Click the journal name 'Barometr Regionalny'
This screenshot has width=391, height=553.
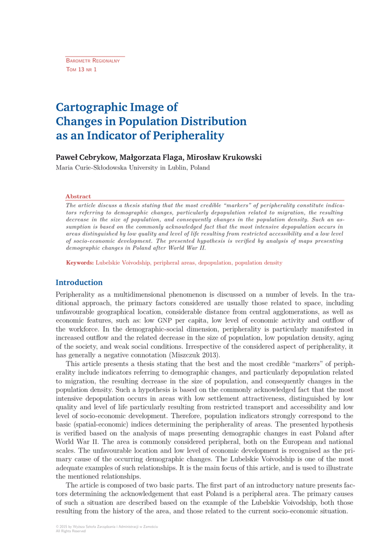coord(92,61)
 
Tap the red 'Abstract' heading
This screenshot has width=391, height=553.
coord(78,197)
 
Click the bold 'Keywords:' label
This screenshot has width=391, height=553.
coord(80,263)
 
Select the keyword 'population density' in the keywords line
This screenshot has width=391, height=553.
coord(257,263)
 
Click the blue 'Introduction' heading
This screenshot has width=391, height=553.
coord(79,282)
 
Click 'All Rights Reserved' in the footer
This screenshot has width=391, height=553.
coord(71,531)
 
